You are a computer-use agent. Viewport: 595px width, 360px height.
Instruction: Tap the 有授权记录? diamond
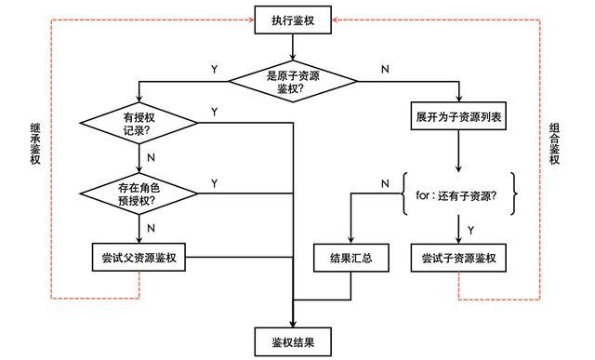(139, 123)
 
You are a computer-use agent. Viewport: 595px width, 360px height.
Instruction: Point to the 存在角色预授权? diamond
(139, 193)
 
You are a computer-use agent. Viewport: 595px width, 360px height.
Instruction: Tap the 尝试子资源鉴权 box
(459, 257)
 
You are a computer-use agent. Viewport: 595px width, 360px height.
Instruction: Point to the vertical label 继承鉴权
(35, 144)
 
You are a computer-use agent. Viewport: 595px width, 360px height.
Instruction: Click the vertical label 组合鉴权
(555, 144)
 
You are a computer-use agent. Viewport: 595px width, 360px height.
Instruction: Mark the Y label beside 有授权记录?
(215, 112)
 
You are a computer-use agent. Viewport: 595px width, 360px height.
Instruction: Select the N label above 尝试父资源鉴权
(151, 226)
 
